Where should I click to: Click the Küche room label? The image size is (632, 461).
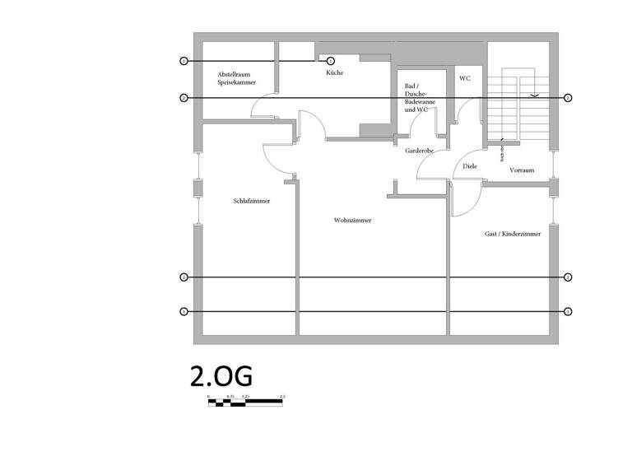[334, 73]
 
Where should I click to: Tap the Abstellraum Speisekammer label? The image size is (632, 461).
[236, 79]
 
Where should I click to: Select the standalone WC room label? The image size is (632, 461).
[465, 78]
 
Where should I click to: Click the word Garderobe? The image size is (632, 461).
[419, 151]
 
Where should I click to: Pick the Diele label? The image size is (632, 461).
[470, 166]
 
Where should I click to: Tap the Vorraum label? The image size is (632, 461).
[522, 170]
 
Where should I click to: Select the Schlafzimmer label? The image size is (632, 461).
[252, 201]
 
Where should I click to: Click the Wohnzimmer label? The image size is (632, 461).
[352, 221]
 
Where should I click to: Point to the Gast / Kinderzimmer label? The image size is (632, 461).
[513, 235]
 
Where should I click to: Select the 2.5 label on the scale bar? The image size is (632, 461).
[282, 397]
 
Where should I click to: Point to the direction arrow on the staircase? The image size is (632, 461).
[535, 95]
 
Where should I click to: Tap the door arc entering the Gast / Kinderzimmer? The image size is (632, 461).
[466, 198]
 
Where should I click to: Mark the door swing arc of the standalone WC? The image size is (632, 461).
[468, 109]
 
